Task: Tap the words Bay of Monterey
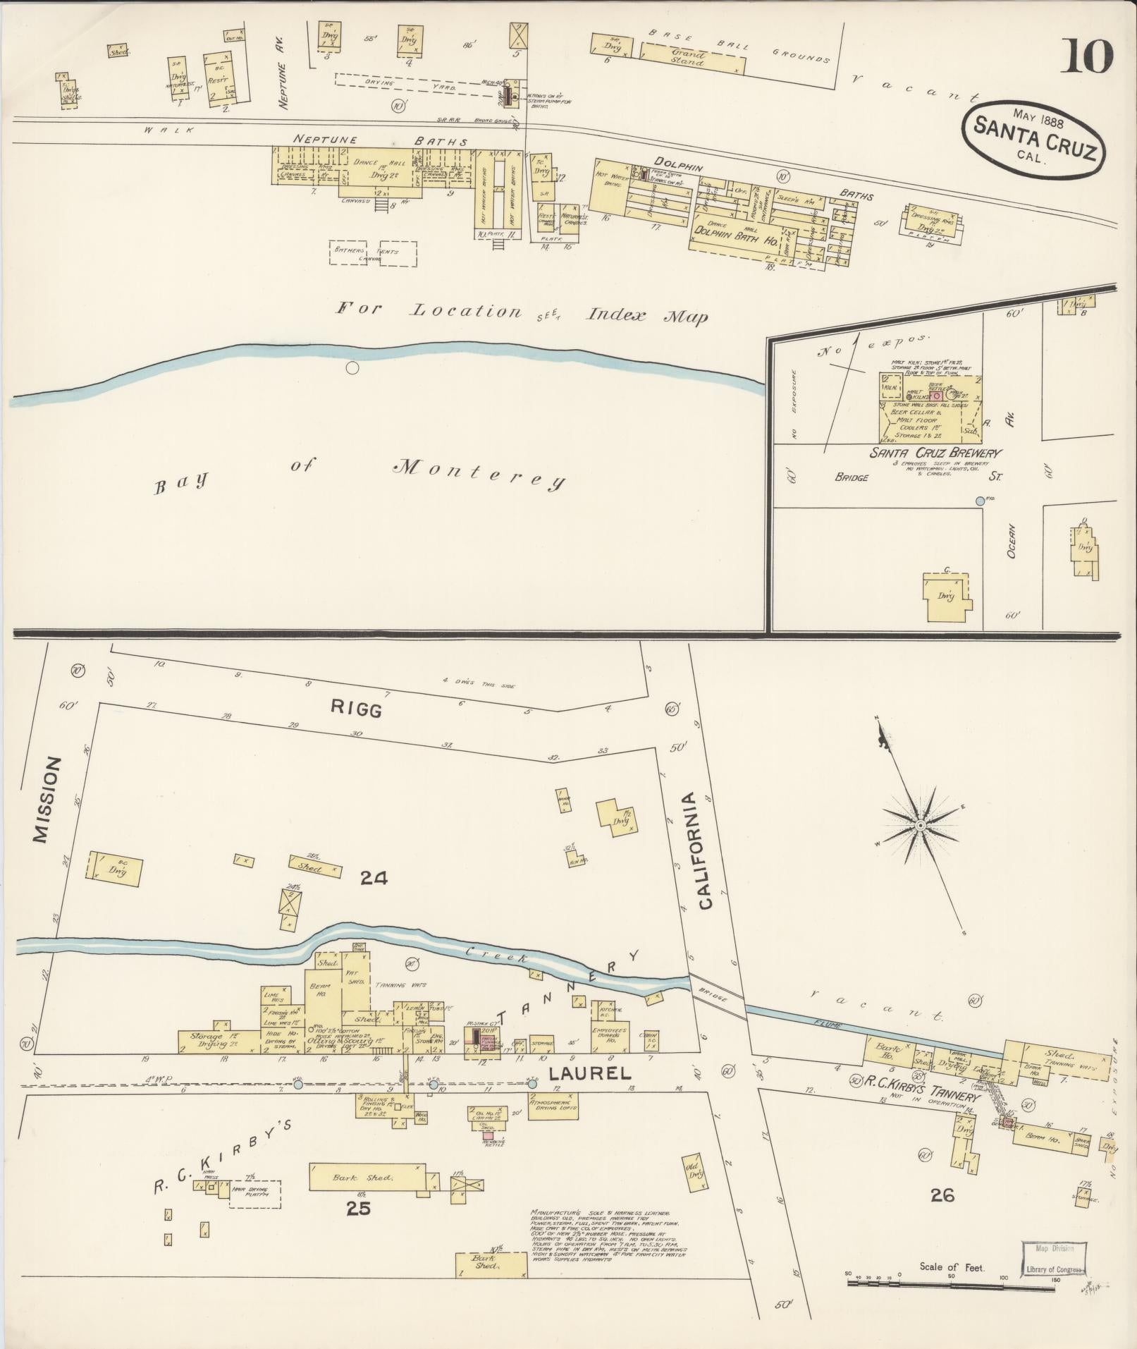click(359, 473)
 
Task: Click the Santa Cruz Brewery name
click(936, 453)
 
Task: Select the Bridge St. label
click(916, 477)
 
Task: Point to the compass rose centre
click(921, 824)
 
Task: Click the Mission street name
click(42, 800)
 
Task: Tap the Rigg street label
click(364, 711)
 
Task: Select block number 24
click(374, 878)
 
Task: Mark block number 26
click(942, 1195)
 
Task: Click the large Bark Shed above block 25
click(367, 1178)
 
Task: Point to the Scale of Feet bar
click(951, 1280)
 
